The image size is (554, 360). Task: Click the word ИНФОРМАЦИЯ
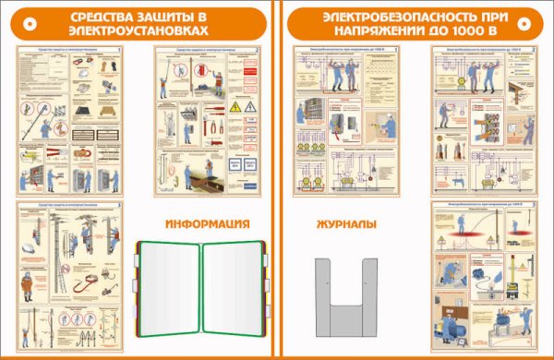click(x=209, y=224)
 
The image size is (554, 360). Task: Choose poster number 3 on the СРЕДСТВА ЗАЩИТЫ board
click(x=72, y=274)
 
